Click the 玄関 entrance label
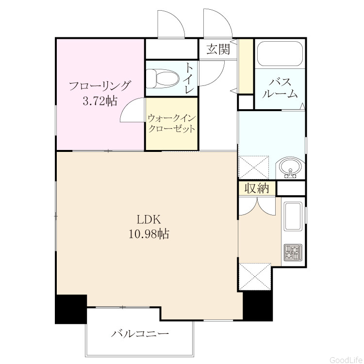[x=218, y=49]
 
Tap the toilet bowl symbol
[x=163, y=79]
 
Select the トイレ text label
[x=189, y=79]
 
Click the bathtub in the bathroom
[x=280, y=54]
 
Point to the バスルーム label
[x=280, y=88]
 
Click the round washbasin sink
[x=290, y=167]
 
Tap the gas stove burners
[x=293, y=252]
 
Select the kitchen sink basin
[x=293, y=216]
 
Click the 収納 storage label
[x=257, y=188]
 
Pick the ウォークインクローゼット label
[x=171, y=123]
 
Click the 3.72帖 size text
[x=100, y=101]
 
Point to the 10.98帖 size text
[x=149, y=233]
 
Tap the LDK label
[x=149, y=219]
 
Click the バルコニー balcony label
[x=140, y=334]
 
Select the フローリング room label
[x=100, y=86]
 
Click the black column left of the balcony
[x=70, y=309]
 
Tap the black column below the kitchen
[x=257, y=306]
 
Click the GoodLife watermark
[x=346, y=360]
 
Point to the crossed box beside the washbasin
[x=253, y=167]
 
